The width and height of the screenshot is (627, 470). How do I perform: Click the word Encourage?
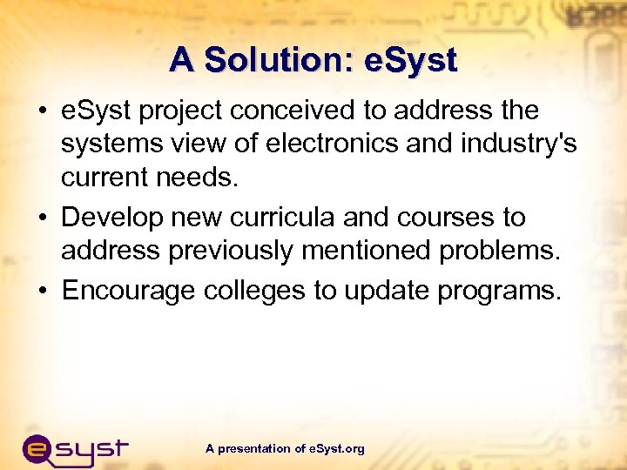click(129, 289)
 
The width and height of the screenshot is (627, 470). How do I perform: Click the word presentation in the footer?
click(254, 449)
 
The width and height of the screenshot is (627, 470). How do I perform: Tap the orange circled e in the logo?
click(41, 451)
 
